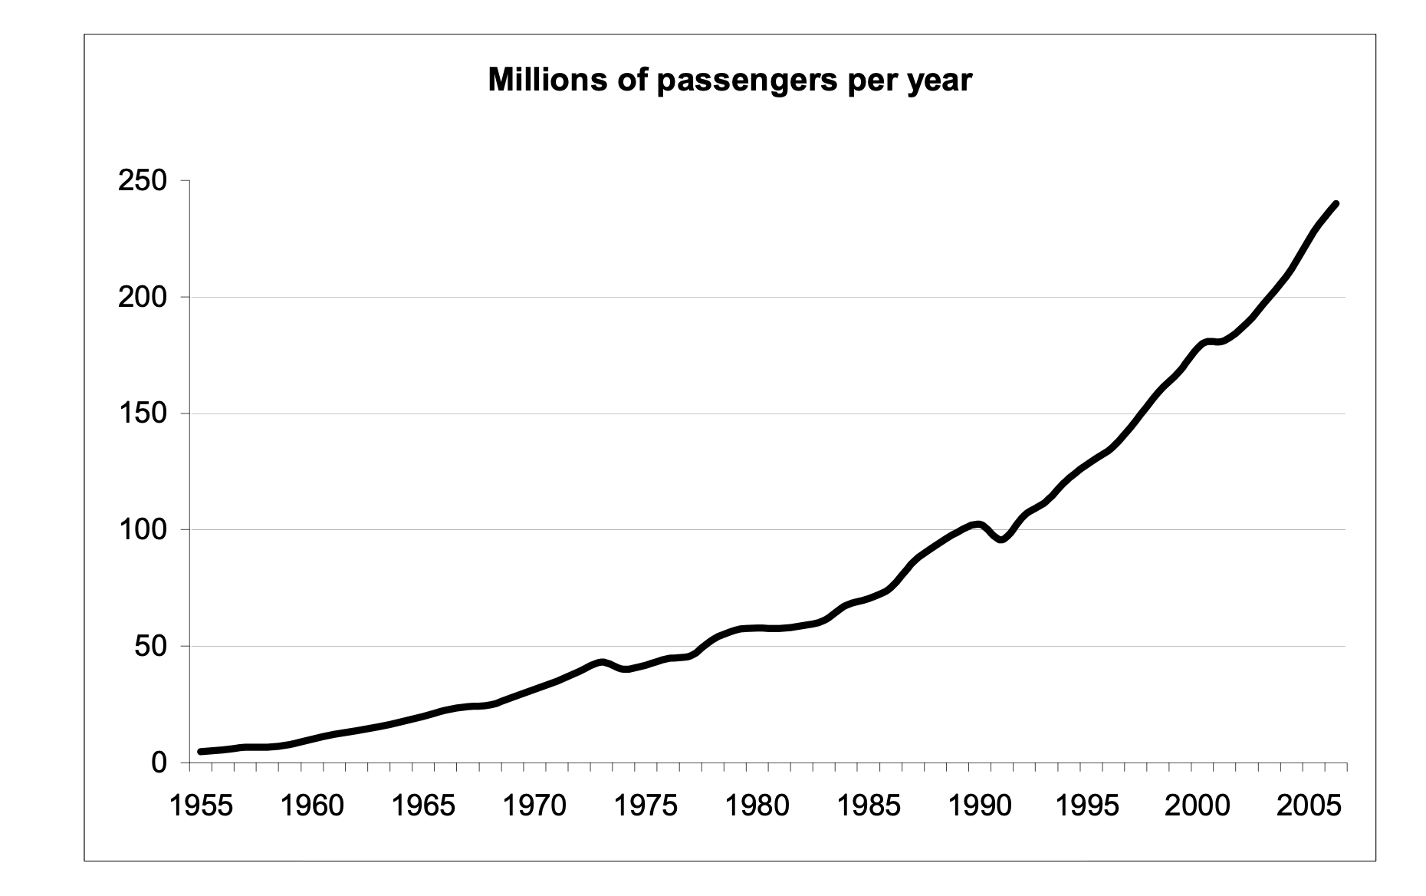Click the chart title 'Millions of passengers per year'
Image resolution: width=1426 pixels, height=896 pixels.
730,80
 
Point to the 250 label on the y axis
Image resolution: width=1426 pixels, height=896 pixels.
143,181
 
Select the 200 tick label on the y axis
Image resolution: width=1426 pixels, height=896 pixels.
143,298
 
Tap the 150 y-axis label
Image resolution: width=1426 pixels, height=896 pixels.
143,414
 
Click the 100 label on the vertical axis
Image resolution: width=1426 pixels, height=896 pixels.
143,530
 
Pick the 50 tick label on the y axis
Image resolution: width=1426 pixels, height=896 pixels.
151,647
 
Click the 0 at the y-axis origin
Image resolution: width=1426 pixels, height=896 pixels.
159,763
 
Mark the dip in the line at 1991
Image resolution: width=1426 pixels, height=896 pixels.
1001,539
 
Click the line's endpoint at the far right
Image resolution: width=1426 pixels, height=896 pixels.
1336,204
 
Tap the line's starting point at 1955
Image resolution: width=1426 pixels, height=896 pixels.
201,752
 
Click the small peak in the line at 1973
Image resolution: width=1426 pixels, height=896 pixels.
601,662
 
